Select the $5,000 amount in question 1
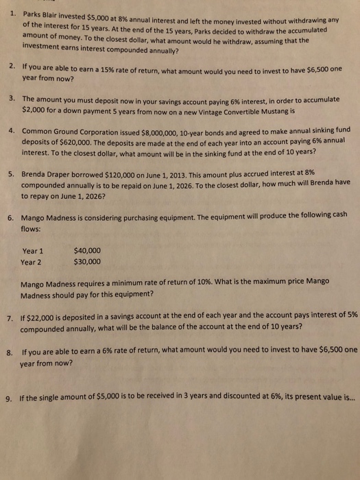pos(104,15)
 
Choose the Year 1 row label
pos(33,251)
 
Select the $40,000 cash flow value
pos(86,250)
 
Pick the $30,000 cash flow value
pos(86,262)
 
